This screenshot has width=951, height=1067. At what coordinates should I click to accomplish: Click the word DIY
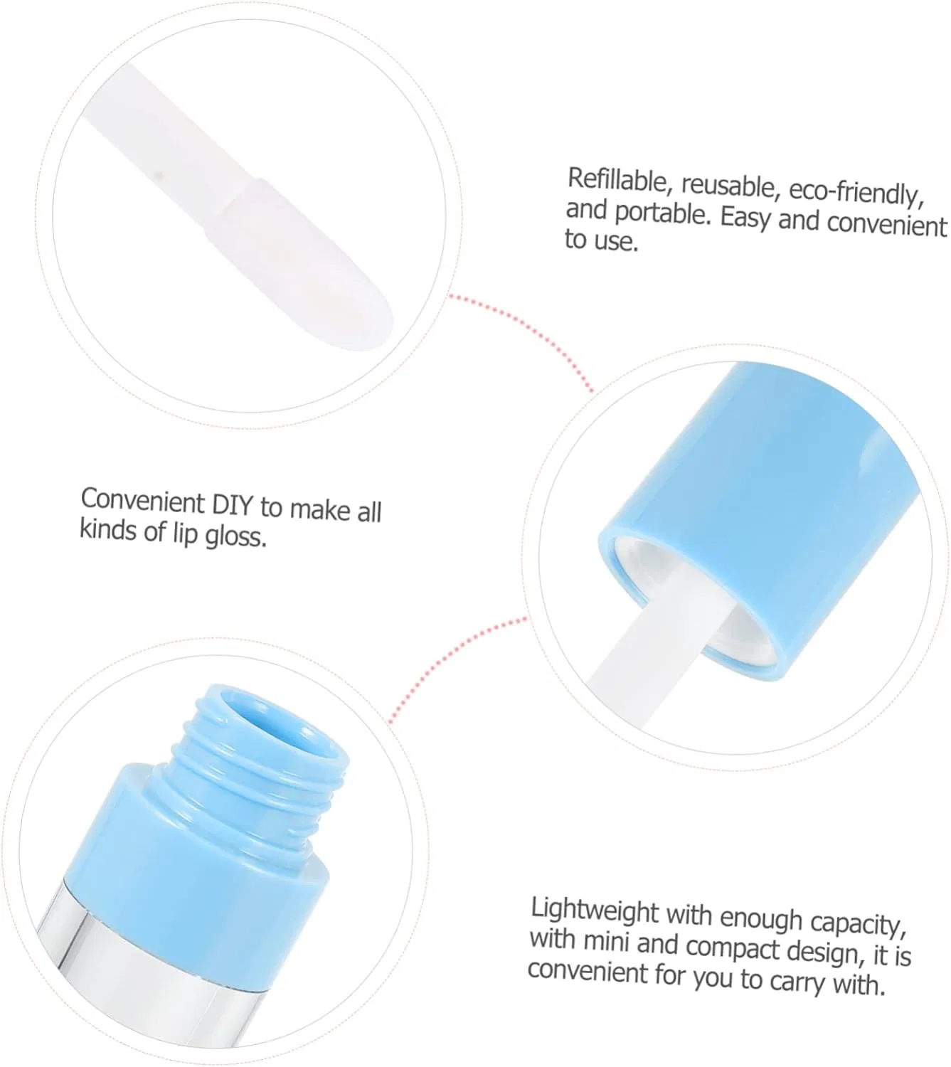[x=233, y=504]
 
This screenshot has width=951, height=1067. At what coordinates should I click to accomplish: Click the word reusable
[x=730, y=186]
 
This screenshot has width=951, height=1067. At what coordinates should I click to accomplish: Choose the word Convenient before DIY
[x=143, y=500]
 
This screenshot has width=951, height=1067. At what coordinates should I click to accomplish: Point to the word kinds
[x=107, y=529]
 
